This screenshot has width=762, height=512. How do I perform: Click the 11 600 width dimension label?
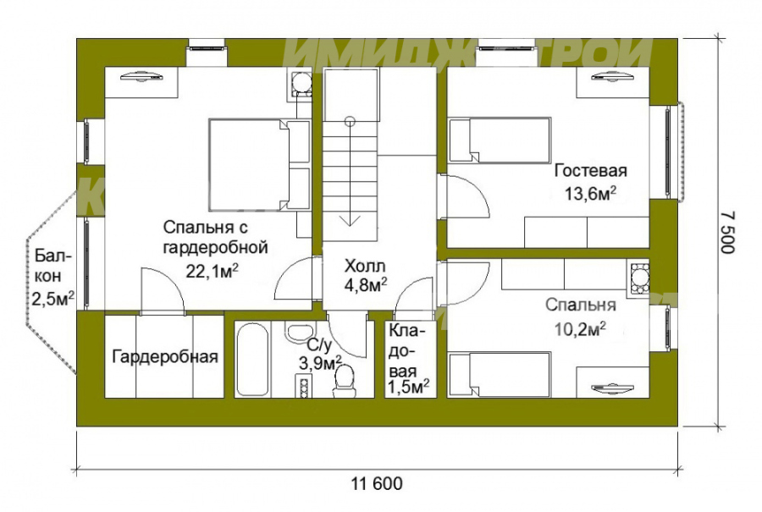[x=377, y=484]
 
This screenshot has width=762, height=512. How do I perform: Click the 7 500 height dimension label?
[x=727, y=232]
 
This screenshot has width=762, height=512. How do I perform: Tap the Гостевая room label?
[x=590, y=171]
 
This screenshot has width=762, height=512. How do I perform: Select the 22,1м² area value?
[x=213, y=271]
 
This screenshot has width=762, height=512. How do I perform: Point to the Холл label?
[x=365, y=266]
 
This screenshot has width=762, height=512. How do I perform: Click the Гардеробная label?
[x=165, y=357]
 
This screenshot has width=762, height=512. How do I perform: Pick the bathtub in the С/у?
[x=251, y=360]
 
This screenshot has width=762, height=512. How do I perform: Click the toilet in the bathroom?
[x=345, y=382]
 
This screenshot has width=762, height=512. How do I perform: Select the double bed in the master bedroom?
[x=259, y=164]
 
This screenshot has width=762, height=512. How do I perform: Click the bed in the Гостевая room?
[x=500, y=140]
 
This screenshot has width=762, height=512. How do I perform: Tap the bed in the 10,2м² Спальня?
[x=500, y=375]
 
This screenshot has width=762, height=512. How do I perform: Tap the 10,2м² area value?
[x=580, y=329]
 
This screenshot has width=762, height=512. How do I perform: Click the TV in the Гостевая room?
[x=613, y=76]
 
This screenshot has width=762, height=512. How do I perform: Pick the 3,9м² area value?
[x=321, y=363]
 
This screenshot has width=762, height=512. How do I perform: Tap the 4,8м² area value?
[x=366, y=286]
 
